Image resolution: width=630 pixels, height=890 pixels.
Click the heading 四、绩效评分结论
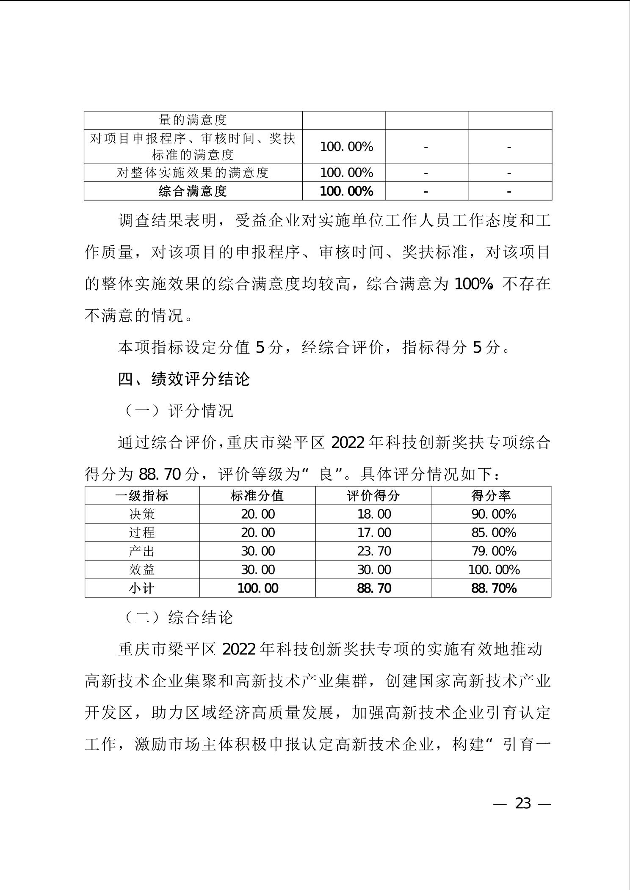click(184, 379)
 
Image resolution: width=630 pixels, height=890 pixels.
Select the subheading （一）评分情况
click(178, 410)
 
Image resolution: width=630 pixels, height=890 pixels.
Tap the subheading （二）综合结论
click(178, 618)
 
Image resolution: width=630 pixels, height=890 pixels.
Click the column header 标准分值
click(257, 495)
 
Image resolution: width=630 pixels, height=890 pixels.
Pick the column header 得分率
click(491, 495)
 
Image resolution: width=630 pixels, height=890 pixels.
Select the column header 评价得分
click(373, 495)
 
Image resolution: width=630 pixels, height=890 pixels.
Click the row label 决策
click(142, 514)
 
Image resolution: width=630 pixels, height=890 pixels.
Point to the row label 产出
click(142, 551)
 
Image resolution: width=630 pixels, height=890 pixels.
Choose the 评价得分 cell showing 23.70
click(374, 551)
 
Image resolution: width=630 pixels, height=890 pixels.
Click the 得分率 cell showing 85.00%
click(494, 533)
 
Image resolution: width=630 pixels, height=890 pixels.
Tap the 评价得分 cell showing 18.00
click(374, 514)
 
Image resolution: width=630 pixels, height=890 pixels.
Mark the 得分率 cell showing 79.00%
click(494, 551)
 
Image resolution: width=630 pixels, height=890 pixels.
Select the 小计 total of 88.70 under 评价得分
click(374, 588)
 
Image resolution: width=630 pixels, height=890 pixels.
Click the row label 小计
click(142, 588)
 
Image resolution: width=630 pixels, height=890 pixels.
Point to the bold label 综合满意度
click(193, 191)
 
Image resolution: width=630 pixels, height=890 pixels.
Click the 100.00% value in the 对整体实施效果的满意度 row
click(346, 173)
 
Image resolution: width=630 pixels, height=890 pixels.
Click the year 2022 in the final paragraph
click(239, 649)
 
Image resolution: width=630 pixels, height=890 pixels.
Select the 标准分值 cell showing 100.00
click(258, 588)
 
